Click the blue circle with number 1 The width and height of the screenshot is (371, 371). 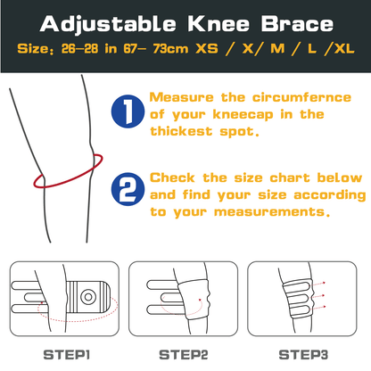[x=127, y=111]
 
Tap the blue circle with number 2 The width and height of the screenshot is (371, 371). [x=127, y=190]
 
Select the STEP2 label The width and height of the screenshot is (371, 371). [x=185, y=354]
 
